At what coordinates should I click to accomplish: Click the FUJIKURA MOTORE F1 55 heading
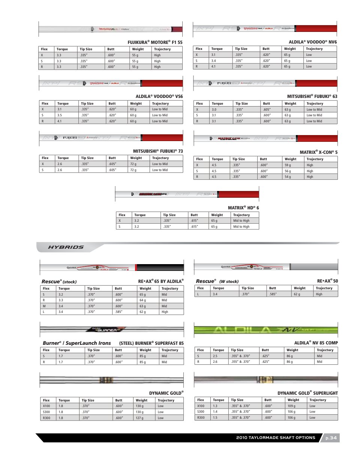click(x=155, y=42)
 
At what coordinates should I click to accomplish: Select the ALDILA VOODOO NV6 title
click(x=312, y=42)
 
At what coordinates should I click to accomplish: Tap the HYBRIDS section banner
click(x=66, y=247)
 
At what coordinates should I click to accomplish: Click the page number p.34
click(x=331, y=438)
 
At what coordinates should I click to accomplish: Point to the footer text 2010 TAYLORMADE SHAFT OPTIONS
click(x=276, y=438)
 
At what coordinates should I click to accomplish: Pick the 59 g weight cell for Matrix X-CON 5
click(x=288, y=165)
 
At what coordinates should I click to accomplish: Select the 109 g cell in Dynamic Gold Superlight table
click(x=291, y=406)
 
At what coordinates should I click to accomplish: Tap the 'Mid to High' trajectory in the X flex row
click(x=241, y=221)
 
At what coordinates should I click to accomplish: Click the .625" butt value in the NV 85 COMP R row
click(x=265, y=362)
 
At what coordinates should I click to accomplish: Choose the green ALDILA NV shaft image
click(x=265, y=330)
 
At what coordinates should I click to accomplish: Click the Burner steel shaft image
click(x=112, y=330)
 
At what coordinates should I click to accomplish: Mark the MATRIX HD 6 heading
click(x=243, y=208)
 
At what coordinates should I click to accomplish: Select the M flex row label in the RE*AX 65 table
click(x=44, y=306)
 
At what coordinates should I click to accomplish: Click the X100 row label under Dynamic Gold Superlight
click(x=201, y=406)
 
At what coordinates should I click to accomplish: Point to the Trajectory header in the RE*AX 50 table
click(x=324, y=288)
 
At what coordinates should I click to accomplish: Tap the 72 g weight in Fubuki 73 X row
click(x=133, y=164)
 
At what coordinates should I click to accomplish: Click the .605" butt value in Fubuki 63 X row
click(x=267, y=110)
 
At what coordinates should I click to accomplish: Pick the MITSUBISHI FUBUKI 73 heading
click(x=158, y=151)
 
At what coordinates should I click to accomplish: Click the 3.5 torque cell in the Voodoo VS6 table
click(x=60, y=115)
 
